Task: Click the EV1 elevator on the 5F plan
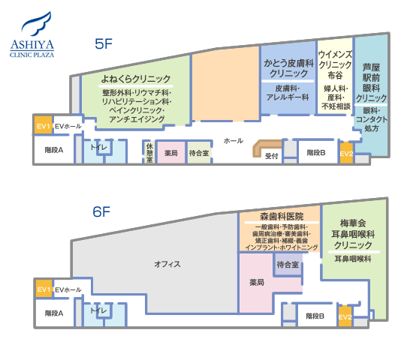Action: tap(43, 124)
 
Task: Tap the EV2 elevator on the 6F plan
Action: tap(345, 316)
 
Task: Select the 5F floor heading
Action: tap(104, 43)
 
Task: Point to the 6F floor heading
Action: tap(101, 211)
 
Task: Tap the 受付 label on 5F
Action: tap(272, 156)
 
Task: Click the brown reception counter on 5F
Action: tap(267, 147)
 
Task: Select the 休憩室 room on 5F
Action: tap(149, 152)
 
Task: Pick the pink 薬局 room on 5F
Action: tap(171, 152)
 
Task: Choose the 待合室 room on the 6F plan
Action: tap(288, 265)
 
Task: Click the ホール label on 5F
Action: tap(234, 141)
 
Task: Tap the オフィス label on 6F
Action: tap(167, 265)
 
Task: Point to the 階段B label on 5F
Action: tap(316, 152)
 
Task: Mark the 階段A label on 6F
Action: tap(54, 313)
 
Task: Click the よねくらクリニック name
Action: tap(136, 79)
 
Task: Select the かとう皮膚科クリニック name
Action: tap(288, 68)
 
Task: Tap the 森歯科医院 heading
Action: tap(282, 217)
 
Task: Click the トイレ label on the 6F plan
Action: tap(98, 310)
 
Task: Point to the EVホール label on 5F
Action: tap(68, 126)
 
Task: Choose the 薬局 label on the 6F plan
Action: tap(257, 282)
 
